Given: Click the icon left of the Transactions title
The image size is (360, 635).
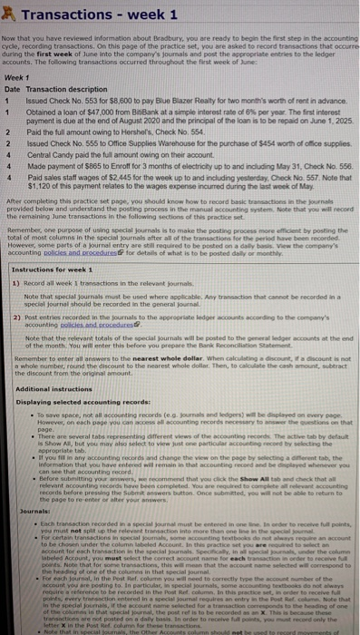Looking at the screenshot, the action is point(9,13).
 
